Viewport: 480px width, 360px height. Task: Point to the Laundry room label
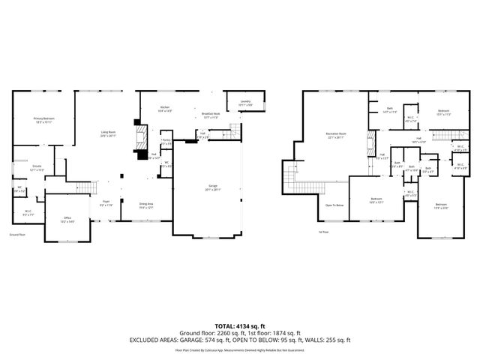point(244,103)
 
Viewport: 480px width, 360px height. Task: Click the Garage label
point(214,187)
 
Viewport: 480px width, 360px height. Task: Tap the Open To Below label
point(334,205)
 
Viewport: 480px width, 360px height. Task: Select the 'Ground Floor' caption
point(17,235)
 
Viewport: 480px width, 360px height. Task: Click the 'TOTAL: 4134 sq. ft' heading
point(239,325)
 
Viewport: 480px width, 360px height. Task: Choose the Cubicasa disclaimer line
point(239,349)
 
